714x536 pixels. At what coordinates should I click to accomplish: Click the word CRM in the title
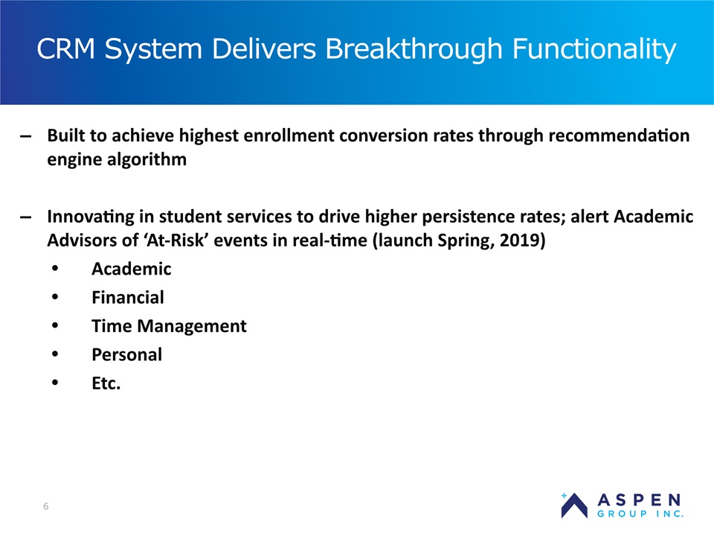pyautogui.click(x=65, y=48)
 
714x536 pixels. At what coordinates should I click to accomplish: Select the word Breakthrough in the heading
pyautogui.click(x=414, y=48)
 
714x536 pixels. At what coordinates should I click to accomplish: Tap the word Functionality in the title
pyautogui.click(x=594, y=49)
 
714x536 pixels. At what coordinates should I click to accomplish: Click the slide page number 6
pyautogui.click(x=45, y=506)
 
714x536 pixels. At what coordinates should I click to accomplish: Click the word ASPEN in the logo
pyautogui.click(x=640, y=500)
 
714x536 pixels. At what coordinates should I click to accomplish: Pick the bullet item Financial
pyautogui.click(x=128, y=298)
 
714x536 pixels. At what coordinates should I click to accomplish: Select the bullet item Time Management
pyautogui.click(x=169, y=326)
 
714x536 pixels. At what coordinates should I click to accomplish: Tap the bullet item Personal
pyautogui.click(x=127, y=354)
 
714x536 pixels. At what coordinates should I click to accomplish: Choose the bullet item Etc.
pyautogui.click(x=106, y=383)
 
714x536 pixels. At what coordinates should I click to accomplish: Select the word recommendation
pyautogui.click(x=619, y=135)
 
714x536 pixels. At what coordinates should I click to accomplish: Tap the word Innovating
pyautogui.click(x=91, y=217)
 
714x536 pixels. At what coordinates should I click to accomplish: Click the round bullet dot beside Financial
pyautogui.click(x=55, y=297)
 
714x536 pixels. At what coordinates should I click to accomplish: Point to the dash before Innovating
pyautogui.click(x=26, y=217)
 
